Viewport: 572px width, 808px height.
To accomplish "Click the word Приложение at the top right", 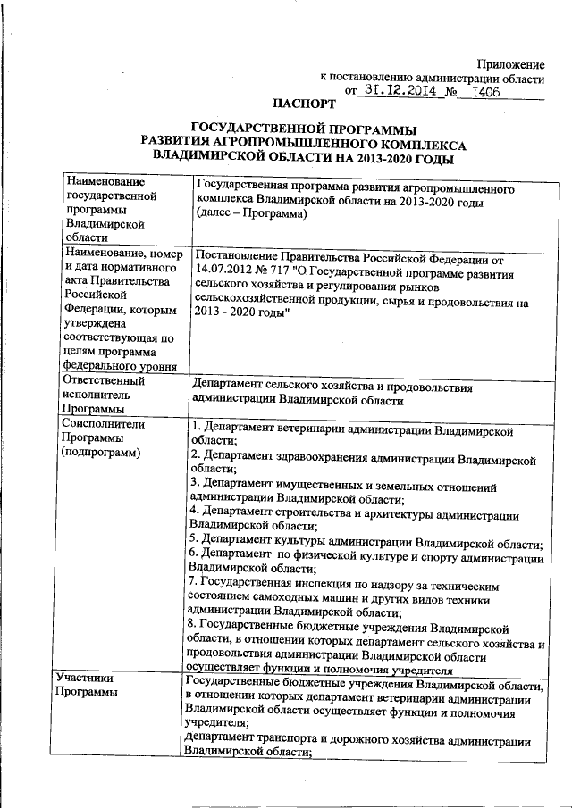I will coord(510,64).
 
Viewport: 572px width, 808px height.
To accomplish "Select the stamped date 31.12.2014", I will coord(400,90).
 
